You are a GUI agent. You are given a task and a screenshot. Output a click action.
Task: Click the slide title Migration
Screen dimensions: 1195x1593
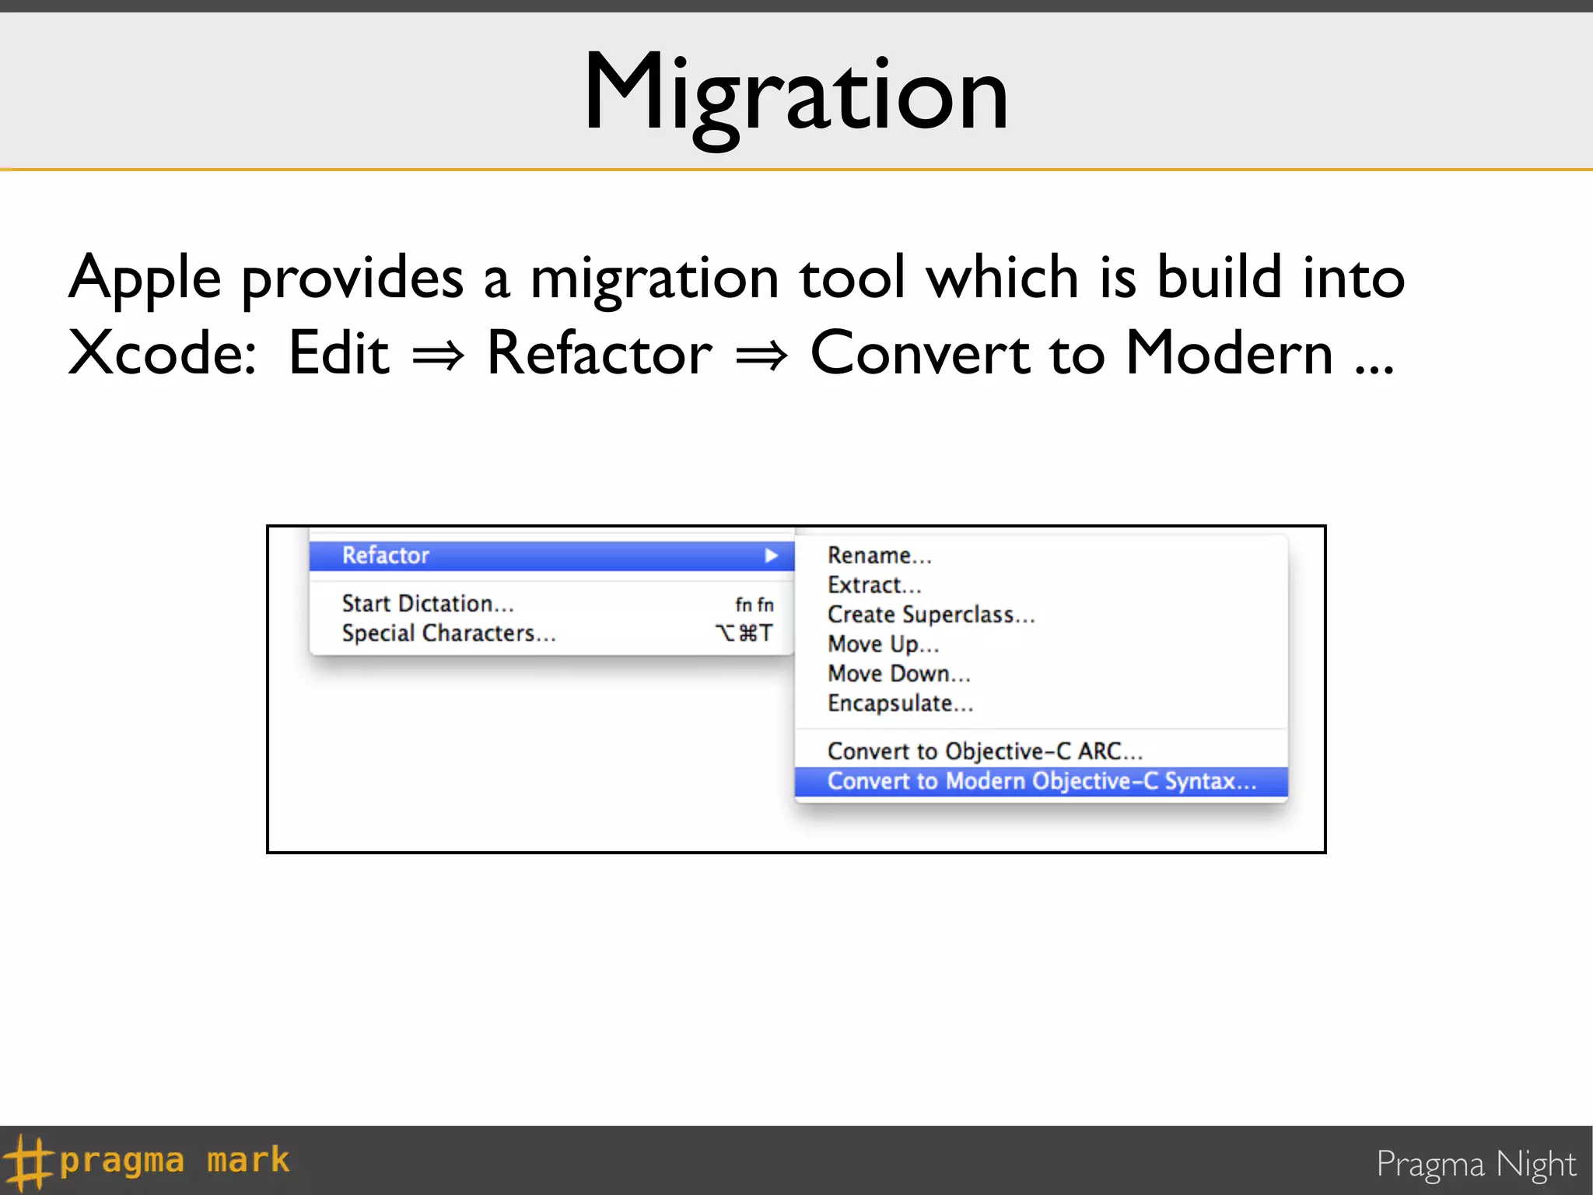pyautogui.click(x=796, y=93)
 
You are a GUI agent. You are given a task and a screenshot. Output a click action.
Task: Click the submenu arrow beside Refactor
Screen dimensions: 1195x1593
pyautogui.click(x=771, y=555)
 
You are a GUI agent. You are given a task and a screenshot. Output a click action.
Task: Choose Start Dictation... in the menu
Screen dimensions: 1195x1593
pyautogui.click(x=428, y=604)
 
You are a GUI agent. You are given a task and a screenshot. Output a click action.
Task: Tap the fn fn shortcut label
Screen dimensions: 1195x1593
pyautogui.click(x=754, y=605)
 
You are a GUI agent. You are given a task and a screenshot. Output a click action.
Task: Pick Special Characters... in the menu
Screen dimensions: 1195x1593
pyautogui.click(x=449, y=633)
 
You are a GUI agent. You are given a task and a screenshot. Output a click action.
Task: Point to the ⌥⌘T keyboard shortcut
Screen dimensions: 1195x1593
pyautogui.click(x=744, y=633)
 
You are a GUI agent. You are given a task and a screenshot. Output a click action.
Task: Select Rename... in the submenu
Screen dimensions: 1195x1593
pyautogui.click(x=879, y=555)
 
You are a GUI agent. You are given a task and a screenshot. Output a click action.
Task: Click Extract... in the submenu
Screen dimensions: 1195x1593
pyautogui.click(x=874, y=585)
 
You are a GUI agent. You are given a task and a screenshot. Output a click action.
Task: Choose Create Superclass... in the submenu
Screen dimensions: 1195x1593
pyautogui.click(x=931, y=615)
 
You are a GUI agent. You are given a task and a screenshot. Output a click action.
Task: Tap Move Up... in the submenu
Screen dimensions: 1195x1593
pyautogui.click(x=884, y=644)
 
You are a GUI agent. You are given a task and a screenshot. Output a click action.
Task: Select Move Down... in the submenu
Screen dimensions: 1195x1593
pyautogui.click(x=899, y=674)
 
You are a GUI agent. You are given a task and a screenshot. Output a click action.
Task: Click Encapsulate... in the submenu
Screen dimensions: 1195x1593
pyautogui.click(x=900, y=703)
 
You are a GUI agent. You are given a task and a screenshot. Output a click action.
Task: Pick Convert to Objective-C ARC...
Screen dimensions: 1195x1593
pyautogui.click(x=985, y=752)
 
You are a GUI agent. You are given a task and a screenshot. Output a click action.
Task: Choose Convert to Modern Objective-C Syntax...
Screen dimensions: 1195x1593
pyautogui.click(x=1042, y=781)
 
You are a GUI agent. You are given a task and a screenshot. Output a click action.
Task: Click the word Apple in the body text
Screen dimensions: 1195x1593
pyautogui.click(x=145, y=278)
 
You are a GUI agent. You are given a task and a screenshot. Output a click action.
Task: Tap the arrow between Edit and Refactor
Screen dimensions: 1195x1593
pyautogui.click(x=438, y=356)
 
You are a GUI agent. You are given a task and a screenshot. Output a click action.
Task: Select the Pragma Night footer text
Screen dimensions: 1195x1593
pyautogui.click(x=1476, y=1164)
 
